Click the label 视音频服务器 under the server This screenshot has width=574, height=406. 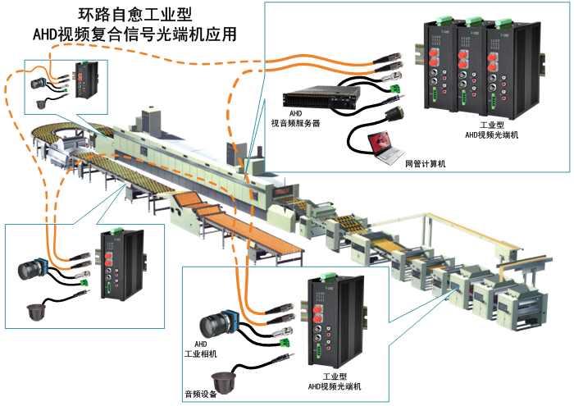tap(295, 123)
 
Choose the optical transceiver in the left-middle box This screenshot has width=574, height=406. tap(116, 269)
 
